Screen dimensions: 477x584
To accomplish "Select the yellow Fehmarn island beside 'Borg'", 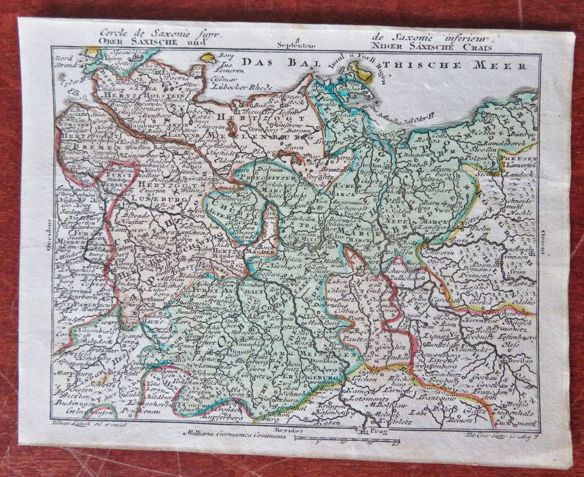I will pos(208,58).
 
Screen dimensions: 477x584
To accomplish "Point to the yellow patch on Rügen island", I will pos(362,71).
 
